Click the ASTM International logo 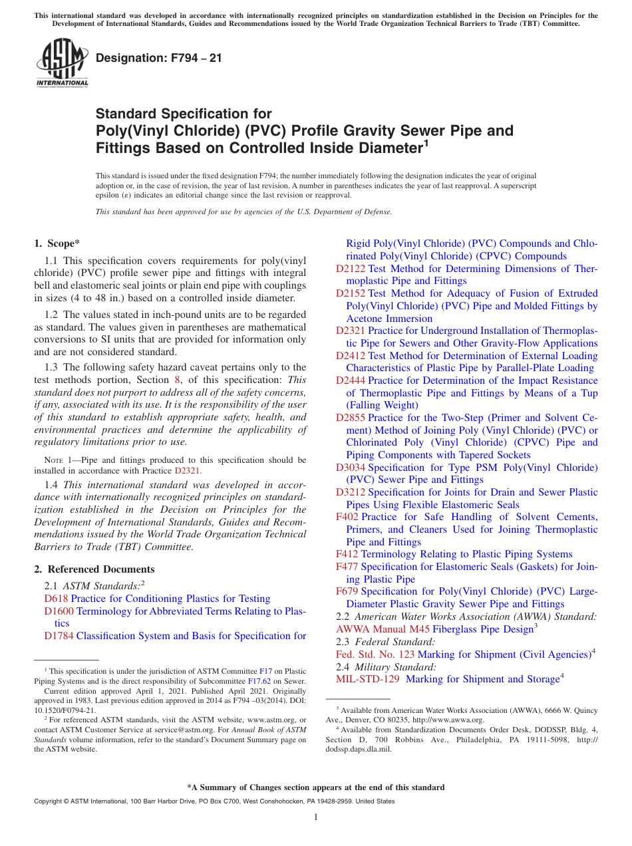(x=62, y=63)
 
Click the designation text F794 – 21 (x=159, y=58)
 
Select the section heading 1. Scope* (x=59, y=243)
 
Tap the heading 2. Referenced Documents (x=94, y=569)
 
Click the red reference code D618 (x=56, y=599)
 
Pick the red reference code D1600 (x=59, y=611)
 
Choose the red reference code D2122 (x=351, y=269)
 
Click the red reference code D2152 (x=351, y=293)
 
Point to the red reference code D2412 (x=351, y=356)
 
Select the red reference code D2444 (x=351, y=380)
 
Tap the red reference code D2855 (x=351, y=418)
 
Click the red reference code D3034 (x=351, y=468)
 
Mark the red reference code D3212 (x=351, y=492)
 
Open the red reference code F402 (x=347, y=517)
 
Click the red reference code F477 (x=347, y=567)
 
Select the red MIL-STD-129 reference (x=368, y=679)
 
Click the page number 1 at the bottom (x=316, y=817)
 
